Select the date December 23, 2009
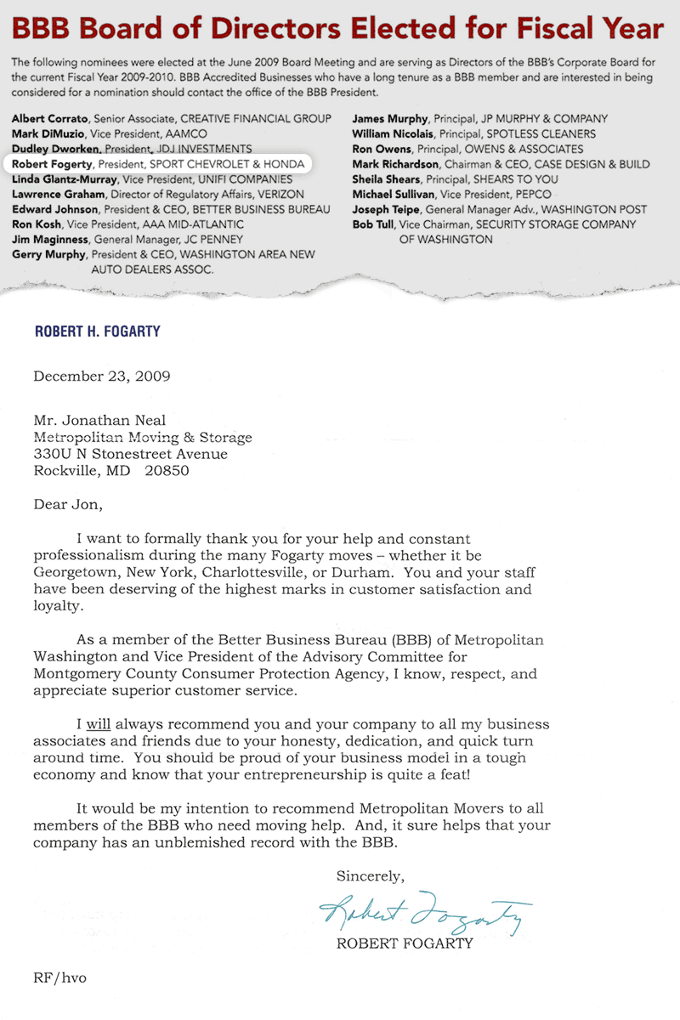102,377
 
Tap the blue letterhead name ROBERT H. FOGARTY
97,331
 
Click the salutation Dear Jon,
67,504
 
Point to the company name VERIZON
275,195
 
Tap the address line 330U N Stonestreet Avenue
130,454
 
